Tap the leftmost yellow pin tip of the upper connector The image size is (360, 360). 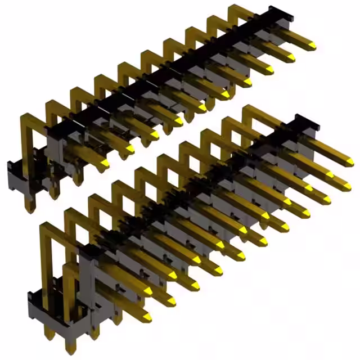click(104, 163)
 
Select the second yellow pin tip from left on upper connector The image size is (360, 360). click(129, 149)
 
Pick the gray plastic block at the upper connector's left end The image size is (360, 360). click(56, 149)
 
